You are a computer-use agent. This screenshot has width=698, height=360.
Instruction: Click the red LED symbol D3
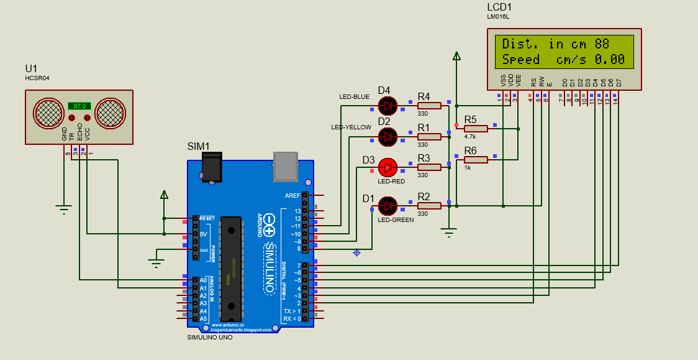coord(388,167)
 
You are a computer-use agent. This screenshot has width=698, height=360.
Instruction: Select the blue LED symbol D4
coord(388,105)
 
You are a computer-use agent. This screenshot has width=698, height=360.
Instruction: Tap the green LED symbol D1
coord(388,205)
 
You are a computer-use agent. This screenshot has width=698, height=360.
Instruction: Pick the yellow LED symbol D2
coord(388,136)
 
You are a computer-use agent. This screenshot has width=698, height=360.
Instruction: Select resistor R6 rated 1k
coord(476,159)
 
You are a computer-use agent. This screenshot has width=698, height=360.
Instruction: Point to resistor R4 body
coord(428,106)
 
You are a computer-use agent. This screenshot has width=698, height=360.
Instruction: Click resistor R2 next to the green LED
coord(428,205)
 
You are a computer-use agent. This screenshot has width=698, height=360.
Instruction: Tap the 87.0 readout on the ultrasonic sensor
coord(79,106)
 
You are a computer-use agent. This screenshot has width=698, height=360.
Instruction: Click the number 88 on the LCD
coord(602,44)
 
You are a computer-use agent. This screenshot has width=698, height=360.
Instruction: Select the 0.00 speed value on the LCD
coord(610,60)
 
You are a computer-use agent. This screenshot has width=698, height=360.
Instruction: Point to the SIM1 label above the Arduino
coord(199,147)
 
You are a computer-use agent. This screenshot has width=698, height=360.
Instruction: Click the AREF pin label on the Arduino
coord(292,195)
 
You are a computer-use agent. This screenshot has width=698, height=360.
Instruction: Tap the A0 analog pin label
coord(202,280)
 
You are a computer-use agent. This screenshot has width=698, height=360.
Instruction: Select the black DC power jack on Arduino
coord(212,168)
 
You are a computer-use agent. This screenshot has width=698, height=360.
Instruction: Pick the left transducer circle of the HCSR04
coord(48,113)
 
